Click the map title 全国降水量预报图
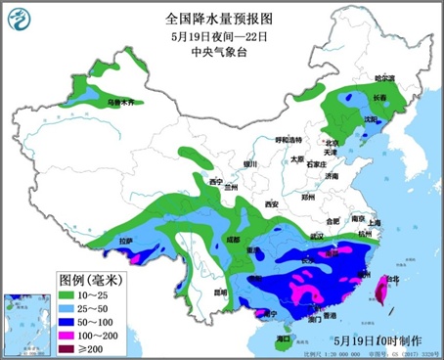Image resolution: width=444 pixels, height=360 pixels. [222, 18]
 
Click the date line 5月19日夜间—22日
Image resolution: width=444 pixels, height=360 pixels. [222, 36]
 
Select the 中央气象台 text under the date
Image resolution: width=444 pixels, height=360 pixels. [222, 53]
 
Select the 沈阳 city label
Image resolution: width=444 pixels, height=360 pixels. [370, 118]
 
